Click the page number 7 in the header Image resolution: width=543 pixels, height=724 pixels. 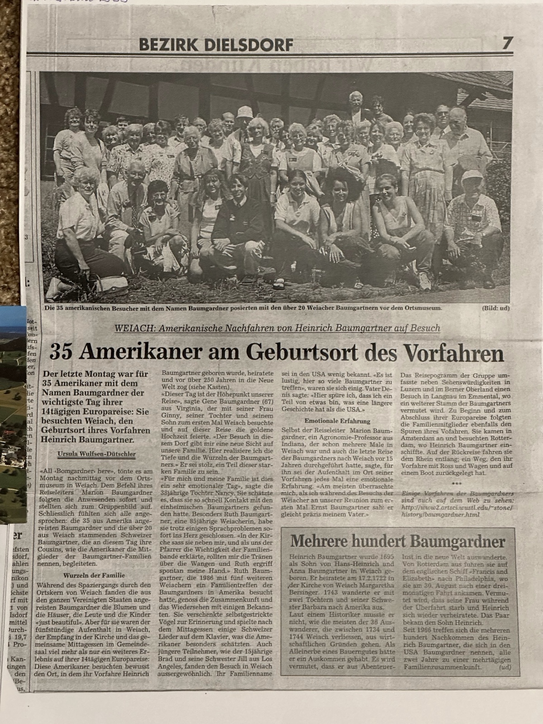(x=507, y=44)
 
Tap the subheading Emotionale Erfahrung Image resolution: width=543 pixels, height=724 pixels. (x=338, y=421)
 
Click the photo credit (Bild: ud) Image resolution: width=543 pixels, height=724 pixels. (x=496, y=308)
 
